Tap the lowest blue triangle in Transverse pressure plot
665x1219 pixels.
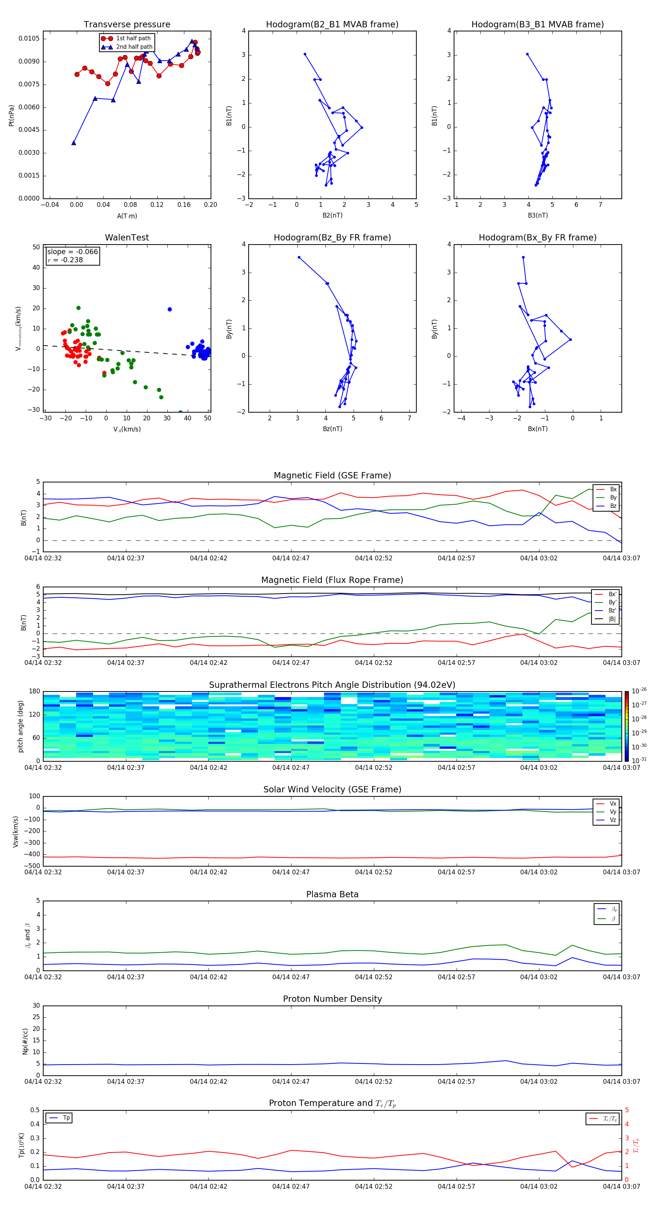click(74, 143)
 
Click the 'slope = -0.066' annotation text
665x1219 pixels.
click(72, 252)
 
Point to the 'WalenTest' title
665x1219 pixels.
click(127, 238)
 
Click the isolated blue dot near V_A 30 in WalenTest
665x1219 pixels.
click(170, 310)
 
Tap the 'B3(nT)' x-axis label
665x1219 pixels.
click(538, 215)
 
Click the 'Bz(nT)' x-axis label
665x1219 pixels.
click(332, 429)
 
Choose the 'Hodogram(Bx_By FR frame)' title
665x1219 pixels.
click(537, 238)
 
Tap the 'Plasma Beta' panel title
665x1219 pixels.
click(332, 894)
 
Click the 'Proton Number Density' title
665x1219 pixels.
click(332, 999)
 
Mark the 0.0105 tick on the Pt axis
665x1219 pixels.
click(29, 38)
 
